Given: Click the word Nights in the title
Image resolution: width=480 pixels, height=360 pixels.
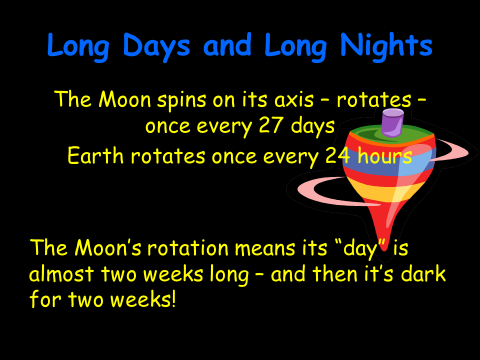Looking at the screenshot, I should (x=386, y=46).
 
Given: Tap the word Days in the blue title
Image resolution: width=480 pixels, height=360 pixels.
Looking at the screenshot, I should (x=156, y=46).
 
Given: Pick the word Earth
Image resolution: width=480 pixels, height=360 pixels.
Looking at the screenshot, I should (x=95, y=156).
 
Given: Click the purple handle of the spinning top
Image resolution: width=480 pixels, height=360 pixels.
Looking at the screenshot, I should (x=392, y=123).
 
